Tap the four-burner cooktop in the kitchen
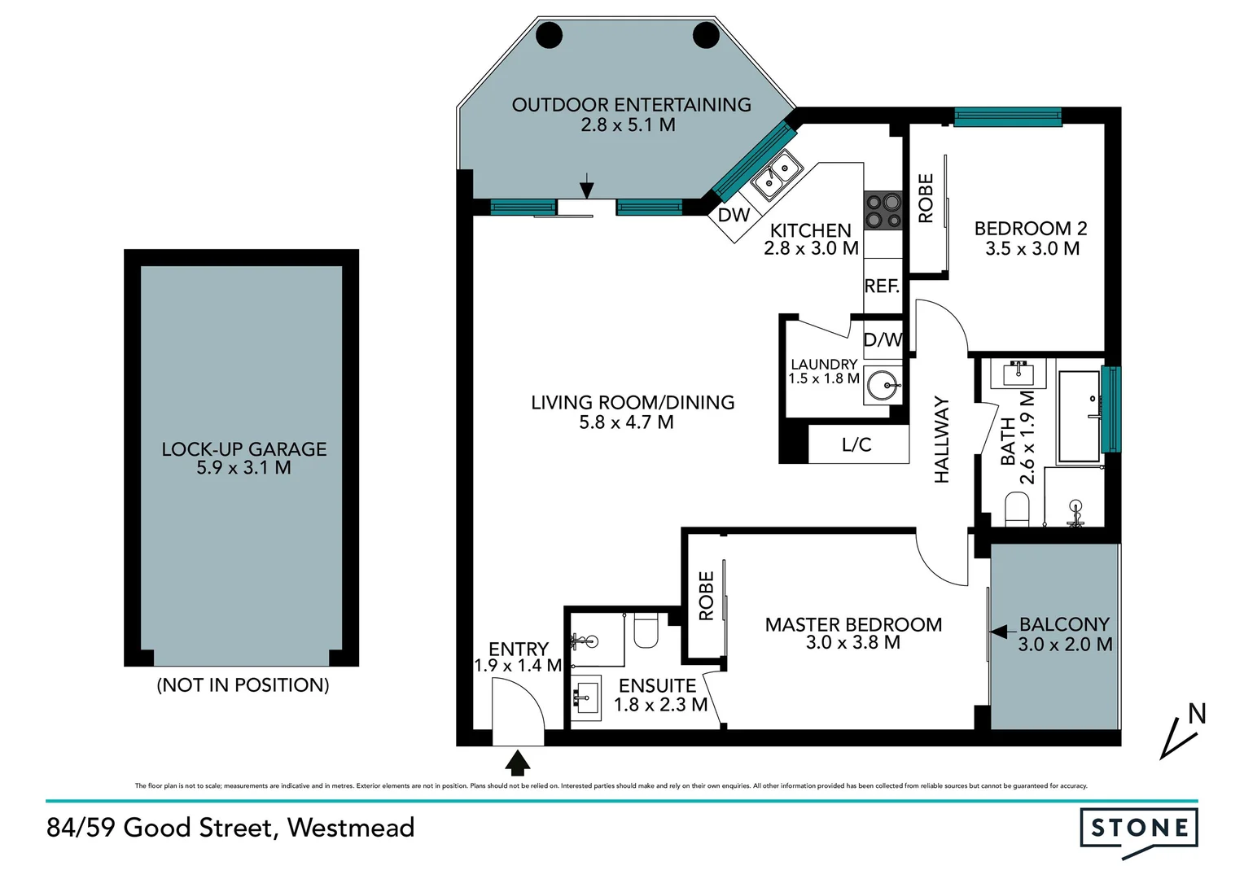coord(883,211)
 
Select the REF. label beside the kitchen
coord(882,286)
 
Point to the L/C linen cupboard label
coord(856,445)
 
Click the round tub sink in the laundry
coord(884,384)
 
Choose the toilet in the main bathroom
coord(1018,510)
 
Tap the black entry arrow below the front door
coord(518,763)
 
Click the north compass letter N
coord(1197,715)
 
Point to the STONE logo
coord(1139,829)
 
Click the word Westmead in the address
coord(351,828)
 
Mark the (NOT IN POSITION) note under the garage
coord(243,685)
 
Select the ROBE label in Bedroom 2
coord(926,198)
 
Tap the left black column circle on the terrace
coord(549,35)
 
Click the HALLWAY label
coord(942,439)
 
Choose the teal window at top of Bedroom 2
coord(1007,117)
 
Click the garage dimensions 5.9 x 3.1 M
coord(243,468)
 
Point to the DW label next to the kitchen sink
coord(734,216)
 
